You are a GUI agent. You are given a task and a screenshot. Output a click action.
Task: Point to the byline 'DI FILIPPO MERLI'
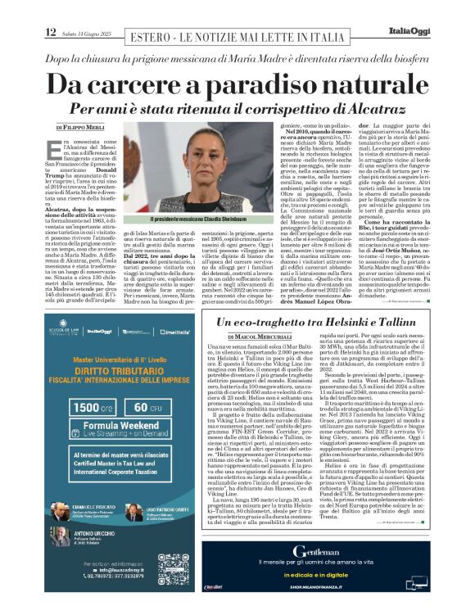click(x=84, y=129)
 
